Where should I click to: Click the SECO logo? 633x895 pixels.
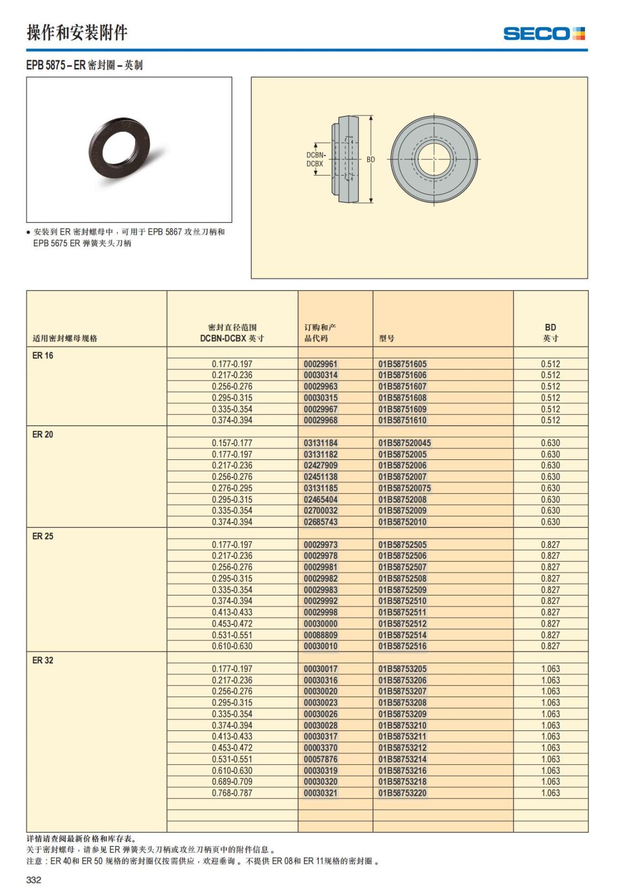pos(544,34)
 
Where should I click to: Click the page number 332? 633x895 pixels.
pos(34,879)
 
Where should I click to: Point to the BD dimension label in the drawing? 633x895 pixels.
pos(371,159)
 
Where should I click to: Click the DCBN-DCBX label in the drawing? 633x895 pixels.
pos(315,159)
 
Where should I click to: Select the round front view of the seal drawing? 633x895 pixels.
pos(435,159)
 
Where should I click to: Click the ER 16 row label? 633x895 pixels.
pos(43,355)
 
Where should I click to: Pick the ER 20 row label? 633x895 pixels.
pos(43,435)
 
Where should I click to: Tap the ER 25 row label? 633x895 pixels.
pos(43,536)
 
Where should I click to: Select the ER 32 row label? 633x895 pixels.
pos(43,660)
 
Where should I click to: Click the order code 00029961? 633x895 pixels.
pos(321,364)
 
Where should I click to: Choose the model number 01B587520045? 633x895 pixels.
pos(405,443)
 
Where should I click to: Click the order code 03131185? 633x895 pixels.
pos(321,488)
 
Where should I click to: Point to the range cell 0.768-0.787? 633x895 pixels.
pos(232,793)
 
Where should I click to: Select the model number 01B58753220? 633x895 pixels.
pos(402,793)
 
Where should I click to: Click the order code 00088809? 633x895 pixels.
pos(321,635)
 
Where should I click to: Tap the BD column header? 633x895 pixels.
pos(550,333)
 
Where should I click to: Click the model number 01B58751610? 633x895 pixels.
pos(402,420)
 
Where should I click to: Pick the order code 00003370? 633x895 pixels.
pos(321,748)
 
